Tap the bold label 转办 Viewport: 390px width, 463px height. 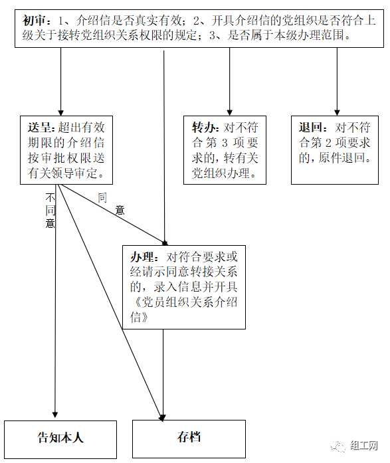[204, 128]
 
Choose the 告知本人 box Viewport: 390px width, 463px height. [60, 439]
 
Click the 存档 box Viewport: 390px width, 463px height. [189, 439]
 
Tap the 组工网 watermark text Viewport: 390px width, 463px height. [363, 445]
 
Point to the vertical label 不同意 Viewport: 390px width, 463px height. [50, 211]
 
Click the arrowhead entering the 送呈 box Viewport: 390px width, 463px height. [61, 113]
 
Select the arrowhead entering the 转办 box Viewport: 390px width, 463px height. [230, 113]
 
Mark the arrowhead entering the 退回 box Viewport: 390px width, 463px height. [337, 113]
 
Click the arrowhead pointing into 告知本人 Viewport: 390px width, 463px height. [55, 415]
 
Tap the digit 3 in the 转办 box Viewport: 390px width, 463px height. [225, 143]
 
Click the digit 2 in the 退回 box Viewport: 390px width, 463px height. [328, 143]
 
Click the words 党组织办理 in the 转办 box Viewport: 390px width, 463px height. [221, 173]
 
